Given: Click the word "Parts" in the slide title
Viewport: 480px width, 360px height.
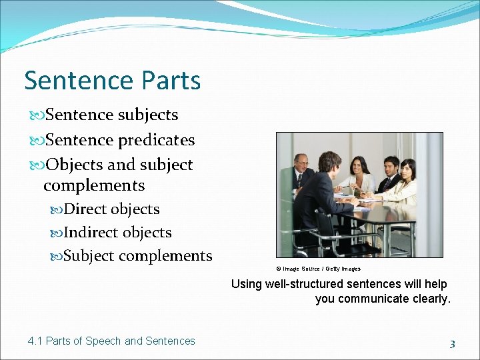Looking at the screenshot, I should point(170,81).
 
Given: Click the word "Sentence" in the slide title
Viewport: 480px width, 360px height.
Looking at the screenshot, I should point(70,81).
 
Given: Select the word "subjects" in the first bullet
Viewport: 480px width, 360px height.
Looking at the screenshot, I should point(148,115).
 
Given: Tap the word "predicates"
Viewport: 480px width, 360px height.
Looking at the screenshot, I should point(156,140).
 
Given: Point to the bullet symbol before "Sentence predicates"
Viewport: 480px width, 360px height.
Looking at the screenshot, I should point(36,140).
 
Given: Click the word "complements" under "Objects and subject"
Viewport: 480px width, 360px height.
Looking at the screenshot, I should point(94,185).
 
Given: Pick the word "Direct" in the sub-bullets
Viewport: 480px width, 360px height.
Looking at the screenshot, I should point(85,209).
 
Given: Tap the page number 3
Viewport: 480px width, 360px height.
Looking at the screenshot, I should point(452,344).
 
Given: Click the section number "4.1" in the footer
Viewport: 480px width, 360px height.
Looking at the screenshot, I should point(35,341).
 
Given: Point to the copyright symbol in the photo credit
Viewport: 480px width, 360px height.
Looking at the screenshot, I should point(279,269).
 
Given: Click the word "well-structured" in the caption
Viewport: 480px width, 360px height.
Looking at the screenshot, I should point(305,284).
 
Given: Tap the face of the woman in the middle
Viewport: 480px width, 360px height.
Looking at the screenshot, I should point(359,166).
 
